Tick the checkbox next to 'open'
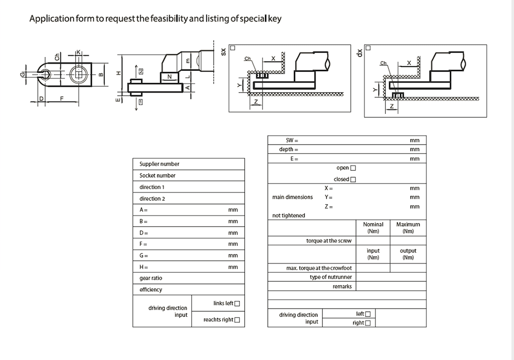click(353, 168)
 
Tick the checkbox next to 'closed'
click(353, 179)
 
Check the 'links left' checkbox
click(237, 304)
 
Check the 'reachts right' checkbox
click(237, 320)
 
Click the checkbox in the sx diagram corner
click(233, 48)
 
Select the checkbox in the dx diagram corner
click(368, 48)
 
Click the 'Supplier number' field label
click(159, 164)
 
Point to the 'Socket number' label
click(157, 175)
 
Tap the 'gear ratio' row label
click(151, 278)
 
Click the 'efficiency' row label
click(151, 289)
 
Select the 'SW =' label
click(292, 140)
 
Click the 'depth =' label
click(289, 150)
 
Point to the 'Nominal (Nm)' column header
click(373, 228)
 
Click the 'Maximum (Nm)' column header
click(408, 228)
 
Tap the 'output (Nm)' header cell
click(408, 254)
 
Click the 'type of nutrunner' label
click(331, 277)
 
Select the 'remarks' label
click(342, 287)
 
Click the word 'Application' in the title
click(52, 19)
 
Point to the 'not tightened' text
click(289, 216)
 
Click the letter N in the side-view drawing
click(170, 77)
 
